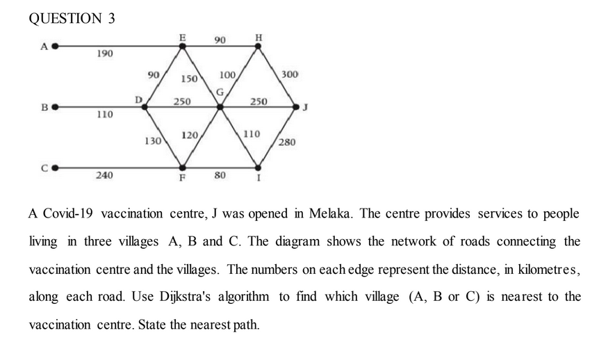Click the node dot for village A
tap(54, 47)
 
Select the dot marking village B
tap(54, 108)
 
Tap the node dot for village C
tap(54, 167)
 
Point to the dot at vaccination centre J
tap(297, 108)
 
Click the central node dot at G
tap(220, 108)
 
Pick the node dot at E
tap(183, 47)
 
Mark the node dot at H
tap(259, 47)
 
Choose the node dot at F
tap(183, 167)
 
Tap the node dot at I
tap(259, 167)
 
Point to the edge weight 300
tap(289, 74)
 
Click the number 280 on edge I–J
tap(287, 142)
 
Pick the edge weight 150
tap(190, 79)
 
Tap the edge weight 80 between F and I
tap(220, 175)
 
